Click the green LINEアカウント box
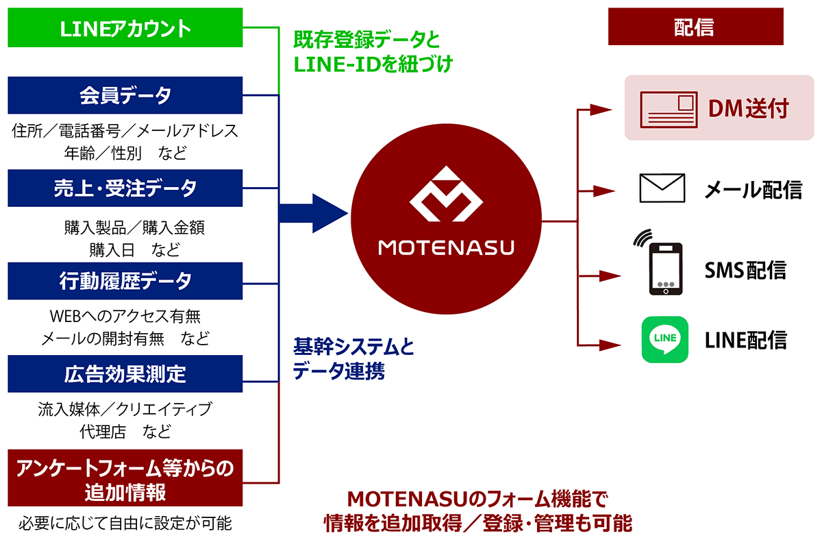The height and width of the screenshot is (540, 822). pyautogui.click(x=125, y=28)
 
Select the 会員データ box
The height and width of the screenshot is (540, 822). pyautogui.click(x=125, y=95)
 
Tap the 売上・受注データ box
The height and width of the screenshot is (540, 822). pyautogui.click(x=125, y=188)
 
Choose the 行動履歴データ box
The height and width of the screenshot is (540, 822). pyautogui.click(x=125, y=280)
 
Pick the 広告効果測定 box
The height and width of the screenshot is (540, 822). pyautogui.click(x=125, y=373)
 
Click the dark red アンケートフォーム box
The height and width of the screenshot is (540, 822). pyautogui.click(x=125, y=478)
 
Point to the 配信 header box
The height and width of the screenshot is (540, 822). pyautogui.click(x=694, y=27)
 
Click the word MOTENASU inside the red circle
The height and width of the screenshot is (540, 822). pyautogui.click(x=446, y=247)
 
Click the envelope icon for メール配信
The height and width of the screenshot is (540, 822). pyautogui.click(x=662, y=188)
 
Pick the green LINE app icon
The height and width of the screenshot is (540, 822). pyautogui.click(x=664, y=339)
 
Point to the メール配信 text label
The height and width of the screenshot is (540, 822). pyautogui.click(x=753, y=188)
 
